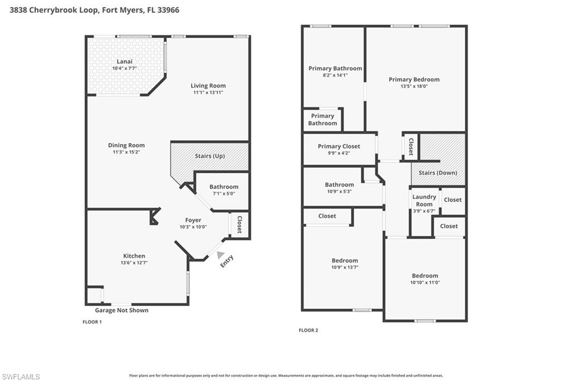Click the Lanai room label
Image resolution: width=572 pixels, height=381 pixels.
(124, 61)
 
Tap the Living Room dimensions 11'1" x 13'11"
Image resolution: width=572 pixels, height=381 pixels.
(208, 93)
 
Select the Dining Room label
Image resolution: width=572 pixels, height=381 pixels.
(126, 145)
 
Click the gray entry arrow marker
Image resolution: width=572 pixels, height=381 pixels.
(213, 254)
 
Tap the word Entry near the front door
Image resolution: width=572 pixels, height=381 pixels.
(226, 261)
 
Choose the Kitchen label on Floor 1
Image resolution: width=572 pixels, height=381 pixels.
(134, 256)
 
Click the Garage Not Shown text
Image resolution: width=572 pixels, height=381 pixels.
(121, 310)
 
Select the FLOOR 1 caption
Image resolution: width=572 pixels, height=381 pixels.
(92, 322)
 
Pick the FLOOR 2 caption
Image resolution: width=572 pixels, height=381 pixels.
(308, 330)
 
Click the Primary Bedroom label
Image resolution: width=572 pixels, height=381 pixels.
(414, 79)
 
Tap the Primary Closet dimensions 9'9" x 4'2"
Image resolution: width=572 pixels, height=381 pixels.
(339, 153)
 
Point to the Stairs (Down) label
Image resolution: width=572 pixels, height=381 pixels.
(438, 173)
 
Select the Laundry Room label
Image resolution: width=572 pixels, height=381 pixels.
(424, 200)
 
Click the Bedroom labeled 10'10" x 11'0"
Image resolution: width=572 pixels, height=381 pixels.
(425, 276)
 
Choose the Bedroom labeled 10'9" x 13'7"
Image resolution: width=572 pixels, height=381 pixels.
(345, 261)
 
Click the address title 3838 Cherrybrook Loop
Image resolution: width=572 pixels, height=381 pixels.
(94, 10)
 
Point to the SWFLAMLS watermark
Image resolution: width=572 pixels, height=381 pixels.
(21, 377)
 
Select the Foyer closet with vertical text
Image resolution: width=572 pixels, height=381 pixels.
(240, 224)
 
